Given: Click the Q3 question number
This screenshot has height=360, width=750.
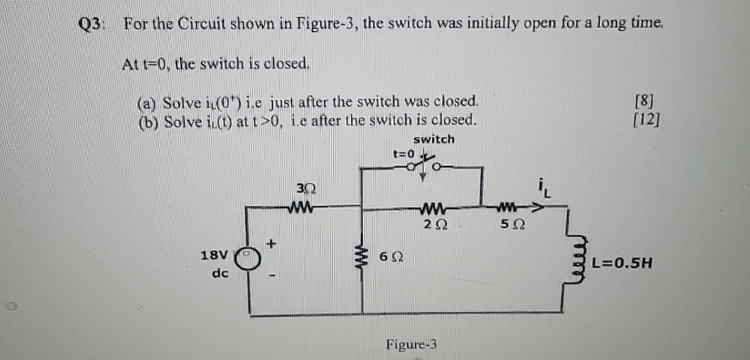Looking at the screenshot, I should coord(94,23).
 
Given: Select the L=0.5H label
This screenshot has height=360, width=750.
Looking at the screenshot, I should coord(619,262).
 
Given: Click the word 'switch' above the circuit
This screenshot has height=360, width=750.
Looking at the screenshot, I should coord(433,139).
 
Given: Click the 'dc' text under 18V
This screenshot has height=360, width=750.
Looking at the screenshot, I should coord(220,274).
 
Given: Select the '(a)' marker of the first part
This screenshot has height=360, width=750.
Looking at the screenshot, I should coord(145,102).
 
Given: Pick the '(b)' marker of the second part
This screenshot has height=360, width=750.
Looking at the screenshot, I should coord(145,120).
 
